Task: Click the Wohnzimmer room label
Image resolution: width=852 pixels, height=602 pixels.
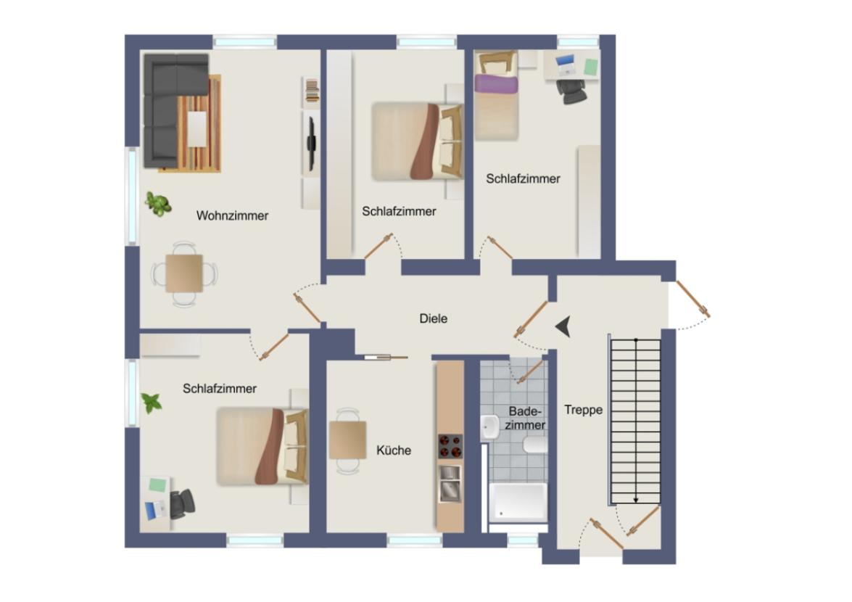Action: point(232,215)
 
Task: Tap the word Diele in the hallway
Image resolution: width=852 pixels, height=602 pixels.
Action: point(434,318)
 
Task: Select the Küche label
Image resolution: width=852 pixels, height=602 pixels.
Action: point(394,450)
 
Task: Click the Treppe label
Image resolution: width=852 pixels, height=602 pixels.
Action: point(584,410)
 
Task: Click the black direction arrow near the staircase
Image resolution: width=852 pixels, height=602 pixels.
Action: point(563,327)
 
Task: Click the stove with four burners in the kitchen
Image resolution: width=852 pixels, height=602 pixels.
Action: point(450,446)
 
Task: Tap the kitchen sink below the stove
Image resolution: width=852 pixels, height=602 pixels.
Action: point(449,483)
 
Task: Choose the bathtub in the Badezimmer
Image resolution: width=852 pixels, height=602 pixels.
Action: point(518,502)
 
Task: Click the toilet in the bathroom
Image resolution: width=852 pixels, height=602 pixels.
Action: point(536,444)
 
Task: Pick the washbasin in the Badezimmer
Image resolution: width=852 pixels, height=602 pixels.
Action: point(489,426)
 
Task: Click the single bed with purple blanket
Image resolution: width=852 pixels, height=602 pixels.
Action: point(497,94)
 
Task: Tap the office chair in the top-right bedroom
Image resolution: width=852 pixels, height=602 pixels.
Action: point(572,91)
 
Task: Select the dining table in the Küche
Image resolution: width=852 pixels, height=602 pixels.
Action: point(348,440)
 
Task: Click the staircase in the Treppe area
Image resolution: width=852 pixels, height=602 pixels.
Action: point(635,421)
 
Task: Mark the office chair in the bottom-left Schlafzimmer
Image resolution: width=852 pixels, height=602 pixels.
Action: point(182,503)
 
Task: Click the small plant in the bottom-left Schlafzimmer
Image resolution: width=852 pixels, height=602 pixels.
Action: point(151,402)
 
